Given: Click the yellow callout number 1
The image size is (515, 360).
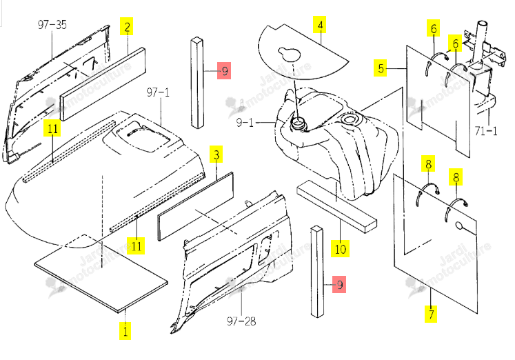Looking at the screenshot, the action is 125,330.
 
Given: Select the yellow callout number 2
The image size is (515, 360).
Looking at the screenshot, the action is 127,26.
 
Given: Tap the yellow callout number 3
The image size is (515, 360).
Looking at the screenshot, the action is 216,154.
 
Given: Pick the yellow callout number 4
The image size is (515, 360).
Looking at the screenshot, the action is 320,25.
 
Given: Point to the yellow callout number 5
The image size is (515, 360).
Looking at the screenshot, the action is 381,68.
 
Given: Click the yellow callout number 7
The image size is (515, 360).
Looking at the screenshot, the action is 431,314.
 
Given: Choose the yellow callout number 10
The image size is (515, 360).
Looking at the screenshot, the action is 341,249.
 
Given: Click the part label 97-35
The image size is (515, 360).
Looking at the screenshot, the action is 52,25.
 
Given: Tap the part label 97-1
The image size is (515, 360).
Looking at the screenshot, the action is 158,92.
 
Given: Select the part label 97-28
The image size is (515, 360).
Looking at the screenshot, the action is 241,321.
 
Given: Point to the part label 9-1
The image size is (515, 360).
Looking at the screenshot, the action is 245,123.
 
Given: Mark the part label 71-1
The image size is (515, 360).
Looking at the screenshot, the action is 486,131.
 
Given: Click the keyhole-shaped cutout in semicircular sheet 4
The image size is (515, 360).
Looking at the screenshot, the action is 290,54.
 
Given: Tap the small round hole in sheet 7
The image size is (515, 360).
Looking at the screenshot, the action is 459,226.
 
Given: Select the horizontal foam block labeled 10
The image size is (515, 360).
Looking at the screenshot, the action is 336,206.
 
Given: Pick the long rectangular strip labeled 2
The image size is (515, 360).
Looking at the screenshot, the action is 103,84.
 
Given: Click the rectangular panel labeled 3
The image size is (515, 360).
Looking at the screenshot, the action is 196,206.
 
